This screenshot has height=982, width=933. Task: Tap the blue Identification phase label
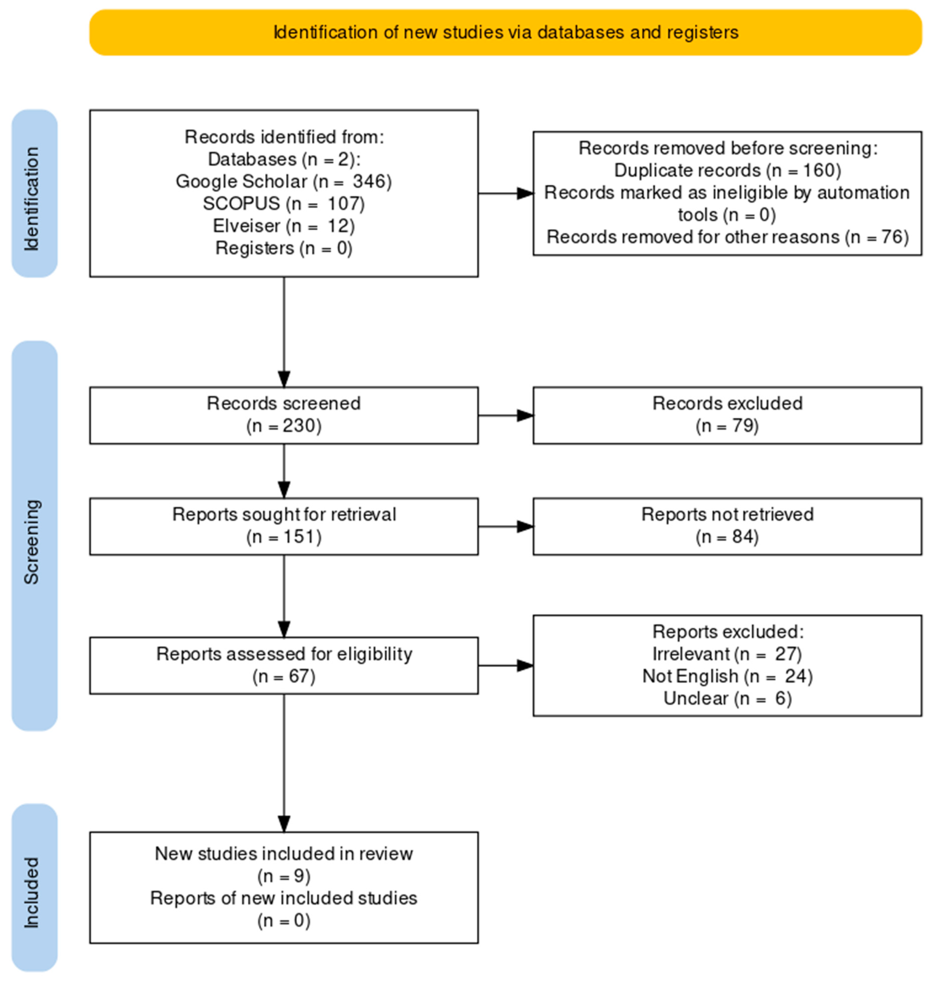click(x=34, y=194)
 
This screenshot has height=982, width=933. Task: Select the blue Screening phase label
click(x=34, y=536)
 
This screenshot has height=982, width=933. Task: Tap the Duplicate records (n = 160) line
click(x=728, y=171)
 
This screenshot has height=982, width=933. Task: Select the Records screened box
click(x=284, y=415)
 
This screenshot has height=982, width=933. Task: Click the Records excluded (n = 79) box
click(x=728, y=415)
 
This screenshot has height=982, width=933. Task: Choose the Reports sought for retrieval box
click(x=284, y=526)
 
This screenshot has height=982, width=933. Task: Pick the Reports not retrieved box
click(x=728, y=526)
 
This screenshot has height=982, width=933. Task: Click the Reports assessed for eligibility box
click(x=284, y=666)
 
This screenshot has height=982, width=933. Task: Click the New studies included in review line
click(x=284, y=854)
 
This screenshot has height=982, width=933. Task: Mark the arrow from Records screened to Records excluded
click(x=506, y=415)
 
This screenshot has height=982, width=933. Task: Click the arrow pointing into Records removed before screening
click(x=506, y=194)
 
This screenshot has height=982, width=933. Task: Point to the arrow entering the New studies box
click(x=284, y=763)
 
